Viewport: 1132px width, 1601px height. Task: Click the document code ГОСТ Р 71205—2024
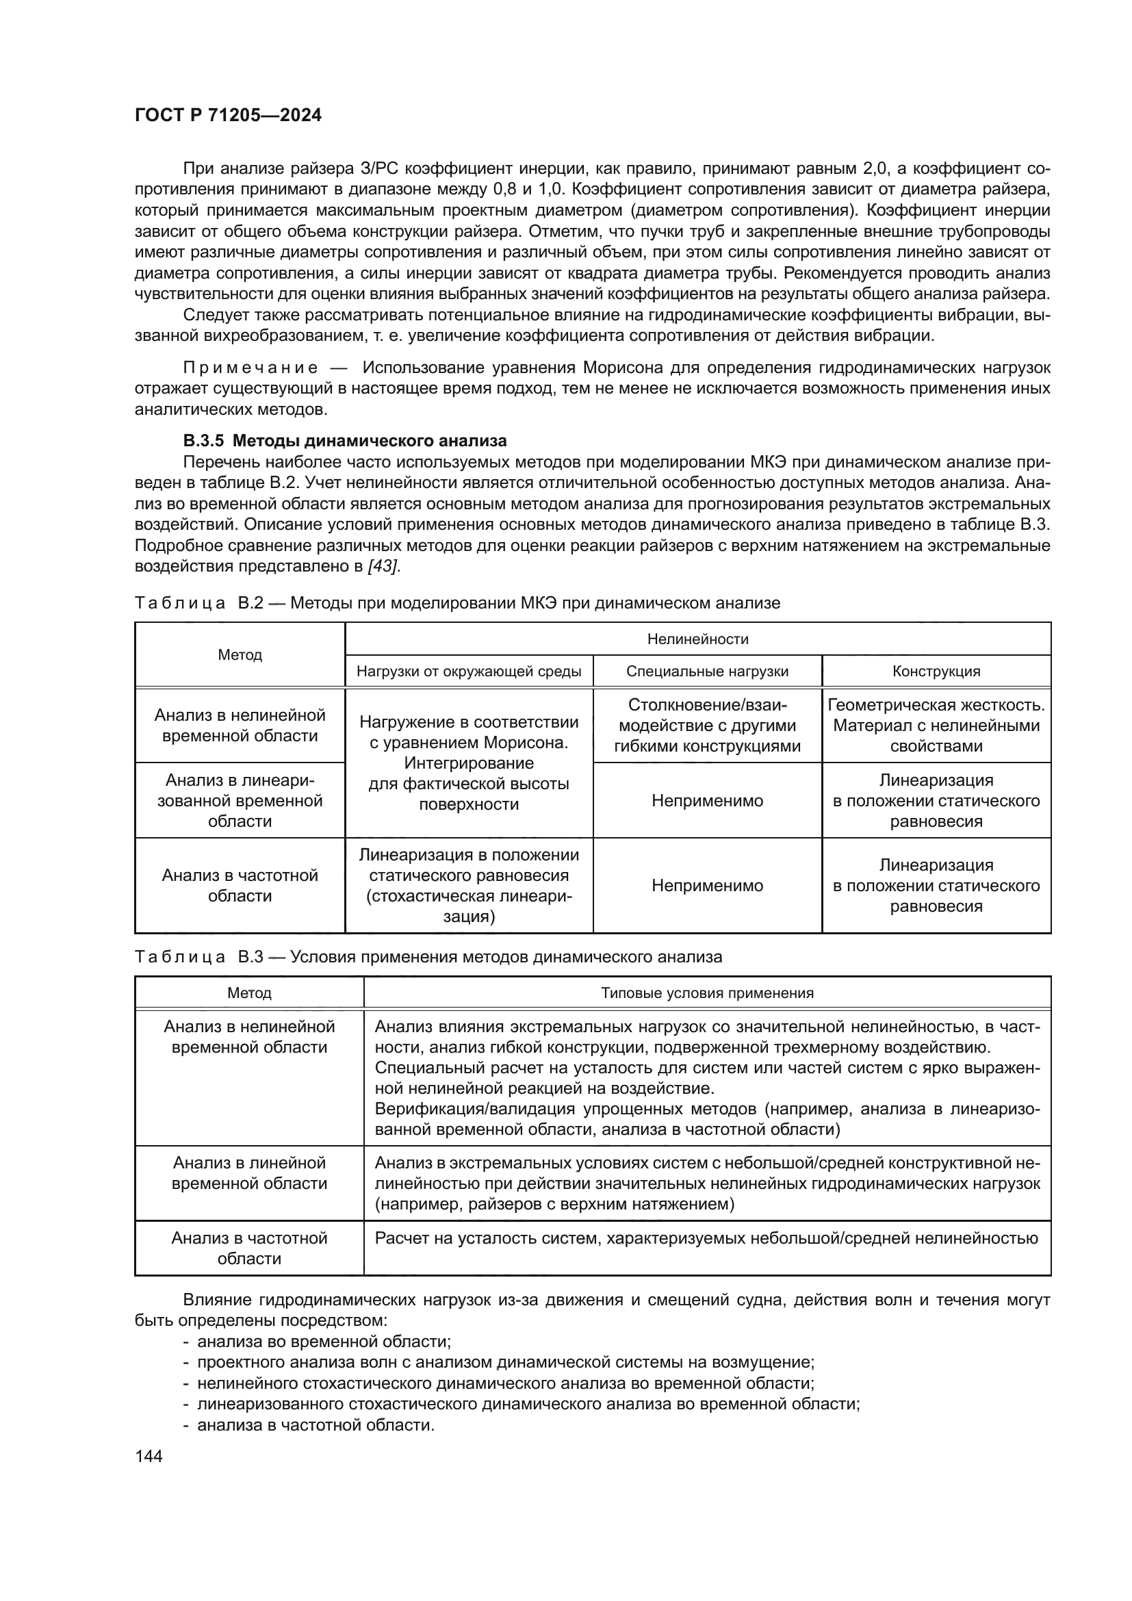pyautogui.click(x=228, y=115)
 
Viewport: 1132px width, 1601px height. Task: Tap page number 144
pyautogui.click(x=149, y=1456)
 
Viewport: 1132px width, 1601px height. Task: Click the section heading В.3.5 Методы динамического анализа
pyautogui.click(x=344, y=441)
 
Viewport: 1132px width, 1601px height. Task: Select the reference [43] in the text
pyautogui.click(x=383, y=566)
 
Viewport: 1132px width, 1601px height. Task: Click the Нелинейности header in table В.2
pyautogui.click(x=697, y=639)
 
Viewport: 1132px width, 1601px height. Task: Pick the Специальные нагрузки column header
pyautogui.click(x=707, y=671)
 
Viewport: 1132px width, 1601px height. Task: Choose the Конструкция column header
pyautogui.click(x=936, y=671)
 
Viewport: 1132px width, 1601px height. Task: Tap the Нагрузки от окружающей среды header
pyautogui.click(x=468, y=671)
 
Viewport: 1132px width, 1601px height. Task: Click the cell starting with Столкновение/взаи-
pyautogui.click(x=707, y=725)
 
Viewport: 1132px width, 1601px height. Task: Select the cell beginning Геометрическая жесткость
pyautogui.click(x=936, y=725)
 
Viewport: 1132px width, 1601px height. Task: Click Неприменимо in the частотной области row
pyautogui.click(x=707, y=886)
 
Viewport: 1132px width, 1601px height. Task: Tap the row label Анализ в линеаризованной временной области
pyautogui.click(x=240, y=801)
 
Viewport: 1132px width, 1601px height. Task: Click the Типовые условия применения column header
pyautogui.click(x=707, y=993)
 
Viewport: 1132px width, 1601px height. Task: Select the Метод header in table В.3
pyautogui.click(x=249, y=993)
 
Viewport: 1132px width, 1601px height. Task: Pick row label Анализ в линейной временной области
pyautogui.click(x=249, y=1173)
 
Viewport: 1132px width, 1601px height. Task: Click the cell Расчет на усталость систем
pyautogui.click(x=706, y=1238)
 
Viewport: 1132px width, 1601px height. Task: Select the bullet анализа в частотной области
pyautogui.click(x=315, y=1425)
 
